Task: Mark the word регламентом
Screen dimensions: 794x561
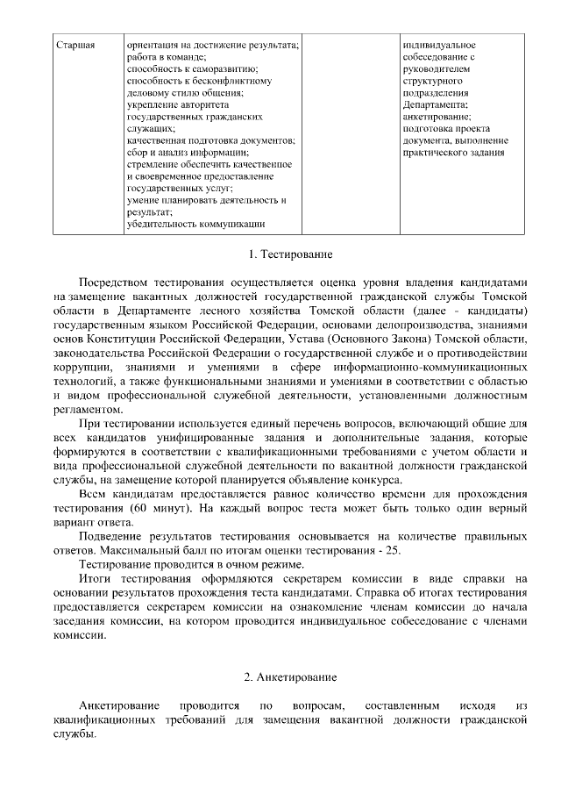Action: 86,409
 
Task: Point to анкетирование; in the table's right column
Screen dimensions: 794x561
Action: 437,116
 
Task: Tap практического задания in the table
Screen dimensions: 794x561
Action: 453,152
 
